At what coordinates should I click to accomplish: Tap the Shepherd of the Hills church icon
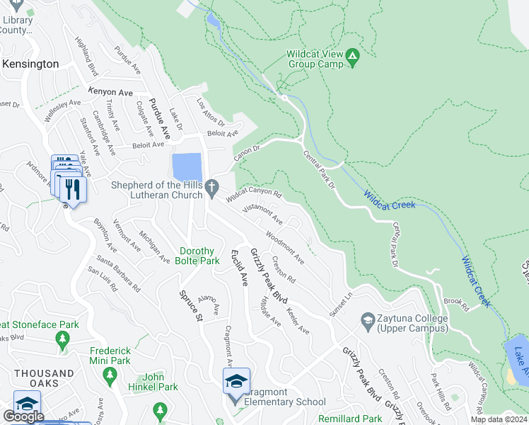(x=213, y=185)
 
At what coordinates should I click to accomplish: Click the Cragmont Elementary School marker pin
(x=237, y=383)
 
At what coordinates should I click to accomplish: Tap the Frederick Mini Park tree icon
(x=109, y=373)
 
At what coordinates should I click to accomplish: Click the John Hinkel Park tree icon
(x=161, y=409)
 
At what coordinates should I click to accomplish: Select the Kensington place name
(x=30, y=64)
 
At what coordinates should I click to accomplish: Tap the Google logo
(x=23, y=416)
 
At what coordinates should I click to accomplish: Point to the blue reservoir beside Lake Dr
(x=187, y=167)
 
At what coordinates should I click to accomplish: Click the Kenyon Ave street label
(x=110, y=92)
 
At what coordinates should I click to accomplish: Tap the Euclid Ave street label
(x=240, y=268)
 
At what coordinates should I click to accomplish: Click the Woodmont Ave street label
(x=285, y=248)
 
